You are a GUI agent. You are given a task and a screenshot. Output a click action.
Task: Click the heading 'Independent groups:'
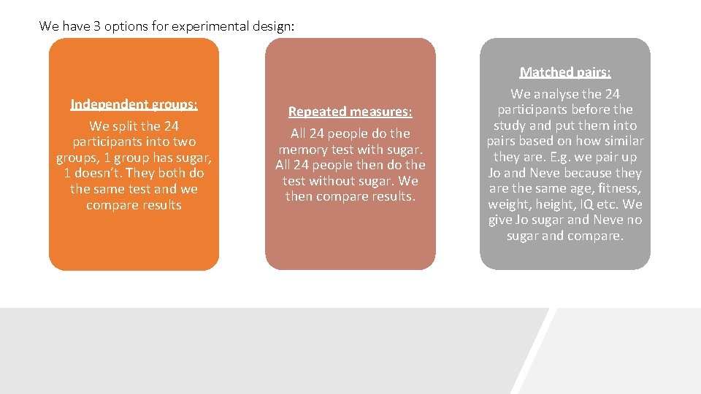click(134, 104)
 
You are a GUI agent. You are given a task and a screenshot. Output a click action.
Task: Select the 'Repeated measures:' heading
click(350, 112)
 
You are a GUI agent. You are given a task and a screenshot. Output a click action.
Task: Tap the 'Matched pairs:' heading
click(565, 72)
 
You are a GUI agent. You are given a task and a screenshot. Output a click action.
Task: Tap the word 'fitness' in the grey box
click(620, 189)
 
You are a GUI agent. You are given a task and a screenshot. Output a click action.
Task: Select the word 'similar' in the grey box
click(622, 142)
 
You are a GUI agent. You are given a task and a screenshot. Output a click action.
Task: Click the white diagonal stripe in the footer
click(534, 350)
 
